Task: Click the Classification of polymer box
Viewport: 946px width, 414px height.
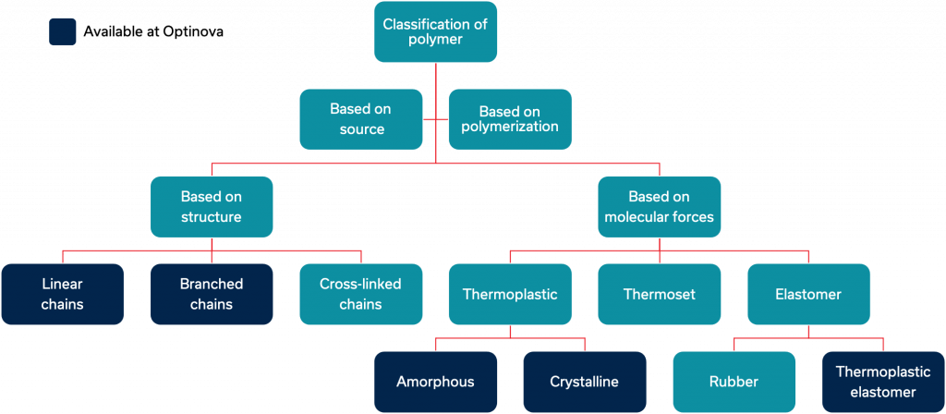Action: point(436,31)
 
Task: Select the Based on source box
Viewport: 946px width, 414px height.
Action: point(361,119)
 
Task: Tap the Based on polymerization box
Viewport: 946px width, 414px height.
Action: point(510,119)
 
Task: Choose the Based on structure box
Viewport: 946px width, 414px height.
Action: point(212,206)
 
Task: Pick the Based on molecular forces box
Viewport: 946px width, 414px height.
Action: point(660,206)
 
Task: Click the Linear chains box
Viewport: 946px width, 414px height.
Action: point(62,294)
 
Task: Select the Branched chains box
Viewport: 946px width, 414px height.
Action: point(212,294)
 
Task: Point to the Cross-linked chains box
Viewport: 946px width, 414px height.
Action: point(361,294)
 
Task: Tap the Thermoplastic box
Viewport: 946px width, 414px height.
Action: point(510,294)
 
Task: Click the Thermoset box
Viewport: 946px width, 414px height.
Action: point(660,294)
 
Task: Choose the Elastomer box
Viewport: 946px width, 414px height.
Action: point(808,294)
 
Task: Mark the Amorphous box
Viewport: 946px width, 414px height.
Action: point(436,382)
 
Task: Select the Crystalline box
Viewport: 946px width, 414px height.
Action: point(585,382)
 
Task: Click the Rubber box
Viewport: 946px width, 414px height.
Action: point(734,382)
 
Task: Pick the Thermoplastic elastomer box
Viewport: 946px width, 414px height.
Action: point(883,382)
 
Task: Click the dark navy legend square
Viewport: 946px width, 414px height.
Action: point(62,31)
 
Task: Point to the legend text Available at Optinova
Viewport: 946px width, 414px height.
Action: point(154,32)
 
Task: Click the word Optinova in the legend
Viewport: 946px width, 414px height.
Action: point(193,32)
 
